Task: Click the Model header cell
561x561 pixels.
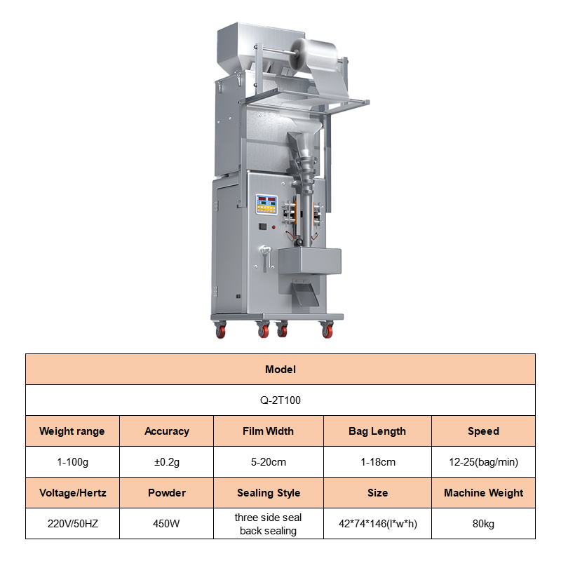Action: (280, 370)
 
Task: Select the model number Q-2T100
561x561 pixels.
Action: (280, 400)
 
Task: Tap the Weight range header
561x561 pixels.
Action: (72, 431)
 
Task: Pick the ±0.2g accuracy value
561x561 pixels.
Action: (167, 462)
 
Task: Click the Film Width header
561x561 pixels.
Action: (269, 431)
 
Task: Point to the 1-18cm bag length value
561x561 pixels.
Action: (378, 462)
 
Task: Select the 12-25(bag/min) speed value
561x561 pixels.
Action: (483, 462)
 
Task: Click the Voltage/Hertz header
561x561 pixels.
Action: (72, 493)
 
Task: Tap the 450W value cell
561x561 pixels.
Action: (166, 523)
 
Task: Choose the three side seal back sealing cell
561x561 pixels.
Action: (269, 523)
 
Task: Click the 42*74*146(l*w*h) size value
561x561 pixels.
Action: (378, 524)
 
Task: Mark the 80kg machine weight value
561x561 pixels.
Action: (483, 524)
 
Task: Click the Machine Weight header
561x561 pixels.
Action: (483, 493)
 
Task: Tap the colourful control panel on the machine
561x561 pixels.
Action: (266, 204)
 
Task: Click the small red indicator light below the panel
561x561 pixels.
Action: (273, 227)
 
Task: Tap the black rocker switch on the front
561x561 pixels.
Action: (263, 227)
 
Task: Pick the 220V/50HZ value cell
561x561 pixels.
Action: (72, 523)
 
